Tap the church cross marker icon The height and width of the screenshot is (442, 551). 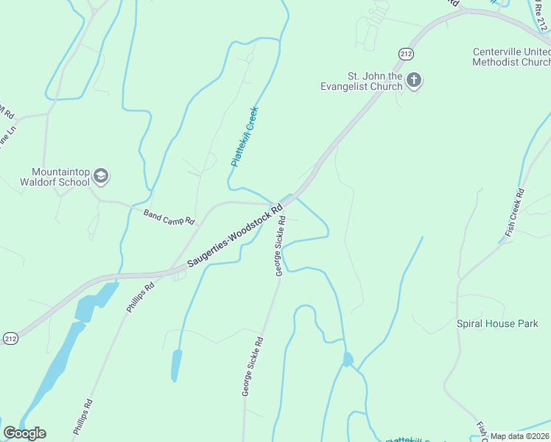[x=415, y=80]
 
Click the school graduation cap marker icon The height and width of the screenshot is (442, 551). [x=101, y=177]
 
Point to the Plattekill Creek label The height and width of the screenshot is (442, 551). [x=244, y=137]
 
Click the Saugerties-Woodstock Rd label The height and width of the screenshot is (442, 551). [x=235, y=236]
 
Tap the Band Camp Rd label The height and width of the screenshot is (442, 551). [x=169, y=217]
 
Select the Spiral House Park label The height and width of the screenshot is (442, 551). [x=496, y=323]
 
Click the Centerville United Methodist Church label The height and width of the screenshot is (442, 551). [x=511, y=57]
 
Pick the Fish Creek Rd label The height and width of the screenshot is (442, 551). [x=514, y=213]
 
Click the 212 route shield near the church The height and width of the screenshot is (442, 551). [x=406, y=54]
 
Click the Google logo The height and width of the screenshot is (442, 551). [x=24, y=433]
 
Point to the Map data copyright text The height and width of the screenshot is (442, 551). [x=519, y=436]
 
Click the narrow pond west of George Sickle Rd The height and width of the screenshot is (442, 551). [x=177, y=365]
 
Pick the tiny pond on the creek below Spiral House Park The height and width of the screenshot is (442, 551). [x=348, y=359]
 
